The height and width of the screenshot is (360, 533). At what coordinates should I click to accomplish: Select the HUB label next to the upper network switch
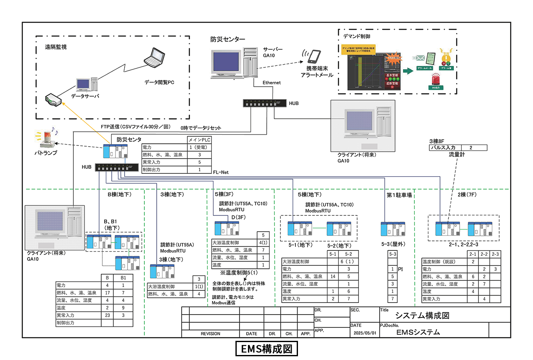point(294,102)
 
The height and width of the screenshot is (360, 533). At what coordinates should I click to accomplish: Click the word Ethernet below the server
point(271,82)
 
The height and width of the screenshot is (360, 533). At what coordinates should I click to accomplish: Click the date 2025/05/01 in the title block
point(364,333)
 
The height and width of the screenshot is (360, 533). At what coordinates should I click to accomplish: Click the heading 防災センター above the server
point(228,39)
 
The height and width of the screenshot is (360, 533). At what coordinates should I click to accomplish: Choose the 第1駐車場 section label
point(399,195)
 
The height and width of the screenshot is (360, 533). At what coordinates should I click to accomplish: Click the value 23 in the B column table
point(108,315)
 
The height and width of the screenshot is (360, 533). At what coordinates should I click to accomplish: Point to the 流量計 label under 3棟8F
point(457,155)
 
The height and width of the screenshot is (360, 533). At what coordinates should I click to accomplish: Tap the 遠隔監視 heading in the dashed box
point(56,47)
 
